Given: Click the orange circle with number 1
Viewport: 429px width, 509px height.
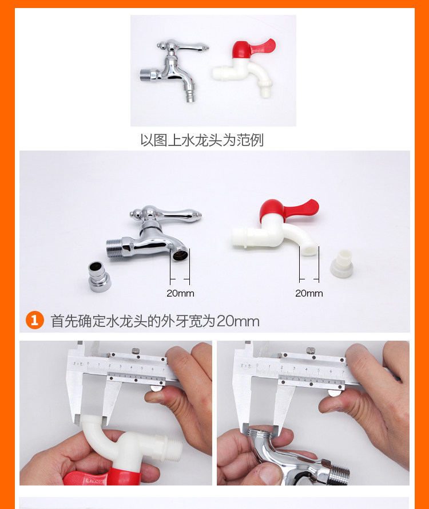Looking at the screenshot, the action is (35, 320).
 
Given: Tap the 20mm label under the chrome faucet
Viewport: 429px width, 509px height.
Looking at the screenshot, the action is (180, 294).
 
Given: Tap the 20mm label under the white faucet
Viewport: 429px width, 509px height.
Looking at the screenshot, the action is (309, 294).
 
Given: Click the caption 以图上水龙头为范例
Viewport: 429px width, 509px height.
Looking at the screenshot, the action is (202, 140).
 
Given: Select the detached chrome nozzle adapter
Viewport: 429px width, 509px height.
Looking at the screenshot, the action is (99, 276).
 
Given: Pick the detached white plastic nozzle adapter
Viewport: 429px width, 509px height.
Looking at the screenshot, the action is (342, 263).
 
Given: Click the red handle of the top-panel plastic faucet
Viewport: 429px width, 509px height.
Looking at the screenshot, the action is (253, 49).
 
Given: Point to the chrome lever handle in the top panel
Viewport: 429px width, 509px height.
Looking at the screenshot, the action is (182, 46).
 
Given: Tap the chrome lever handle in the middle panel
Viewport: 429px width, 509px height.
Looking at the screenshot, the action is (166, 214).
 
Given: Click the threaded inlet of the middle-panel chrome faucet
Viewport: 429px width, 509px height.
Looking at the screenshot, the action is (113, 249).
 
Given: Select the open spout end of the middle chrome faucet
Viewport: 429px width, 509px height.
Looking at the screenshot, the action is (179, 254).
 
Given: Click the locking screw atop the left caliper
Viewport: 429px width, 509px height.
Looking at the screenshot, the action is (135, 350).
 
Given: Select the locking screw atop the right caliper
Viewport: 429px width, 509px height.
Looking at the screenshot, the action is (311, 350).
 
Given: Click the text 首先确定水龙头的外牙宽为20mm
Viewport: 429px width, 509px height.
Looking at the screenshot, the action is (155, 321).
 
